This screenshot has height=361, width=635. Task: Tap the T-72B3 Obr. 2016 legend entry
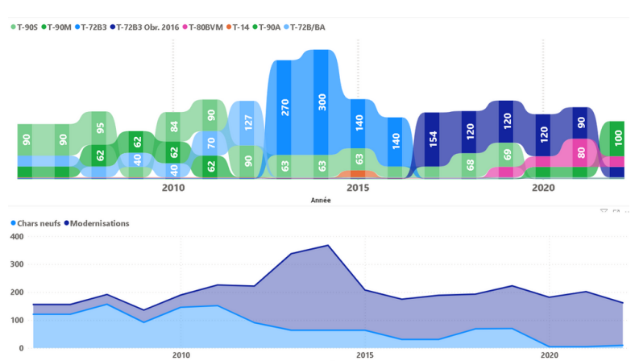tap(147, 27)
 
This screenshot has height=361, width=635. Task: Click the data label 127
tap(248, 123)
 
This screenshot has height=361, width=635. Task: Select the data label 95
tap(100, 127)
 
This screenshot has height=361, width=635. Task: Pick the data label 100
tap(618, 137)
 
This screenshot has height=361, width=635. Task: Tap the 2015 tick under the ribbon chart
tap(359, 188)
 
